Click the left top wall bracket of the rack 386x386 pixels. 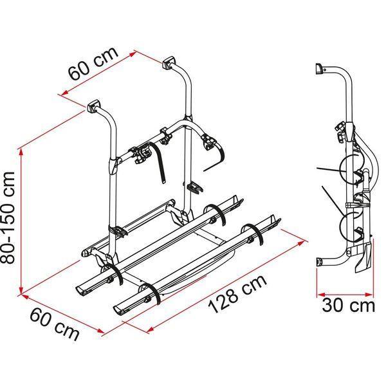pos(93,106)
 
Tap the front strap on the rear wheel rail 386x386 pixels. pos(114,275)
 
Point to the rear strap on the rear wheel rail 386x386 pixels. pos(216,214)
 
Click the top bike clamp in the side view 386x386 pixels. pos(339,133)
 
